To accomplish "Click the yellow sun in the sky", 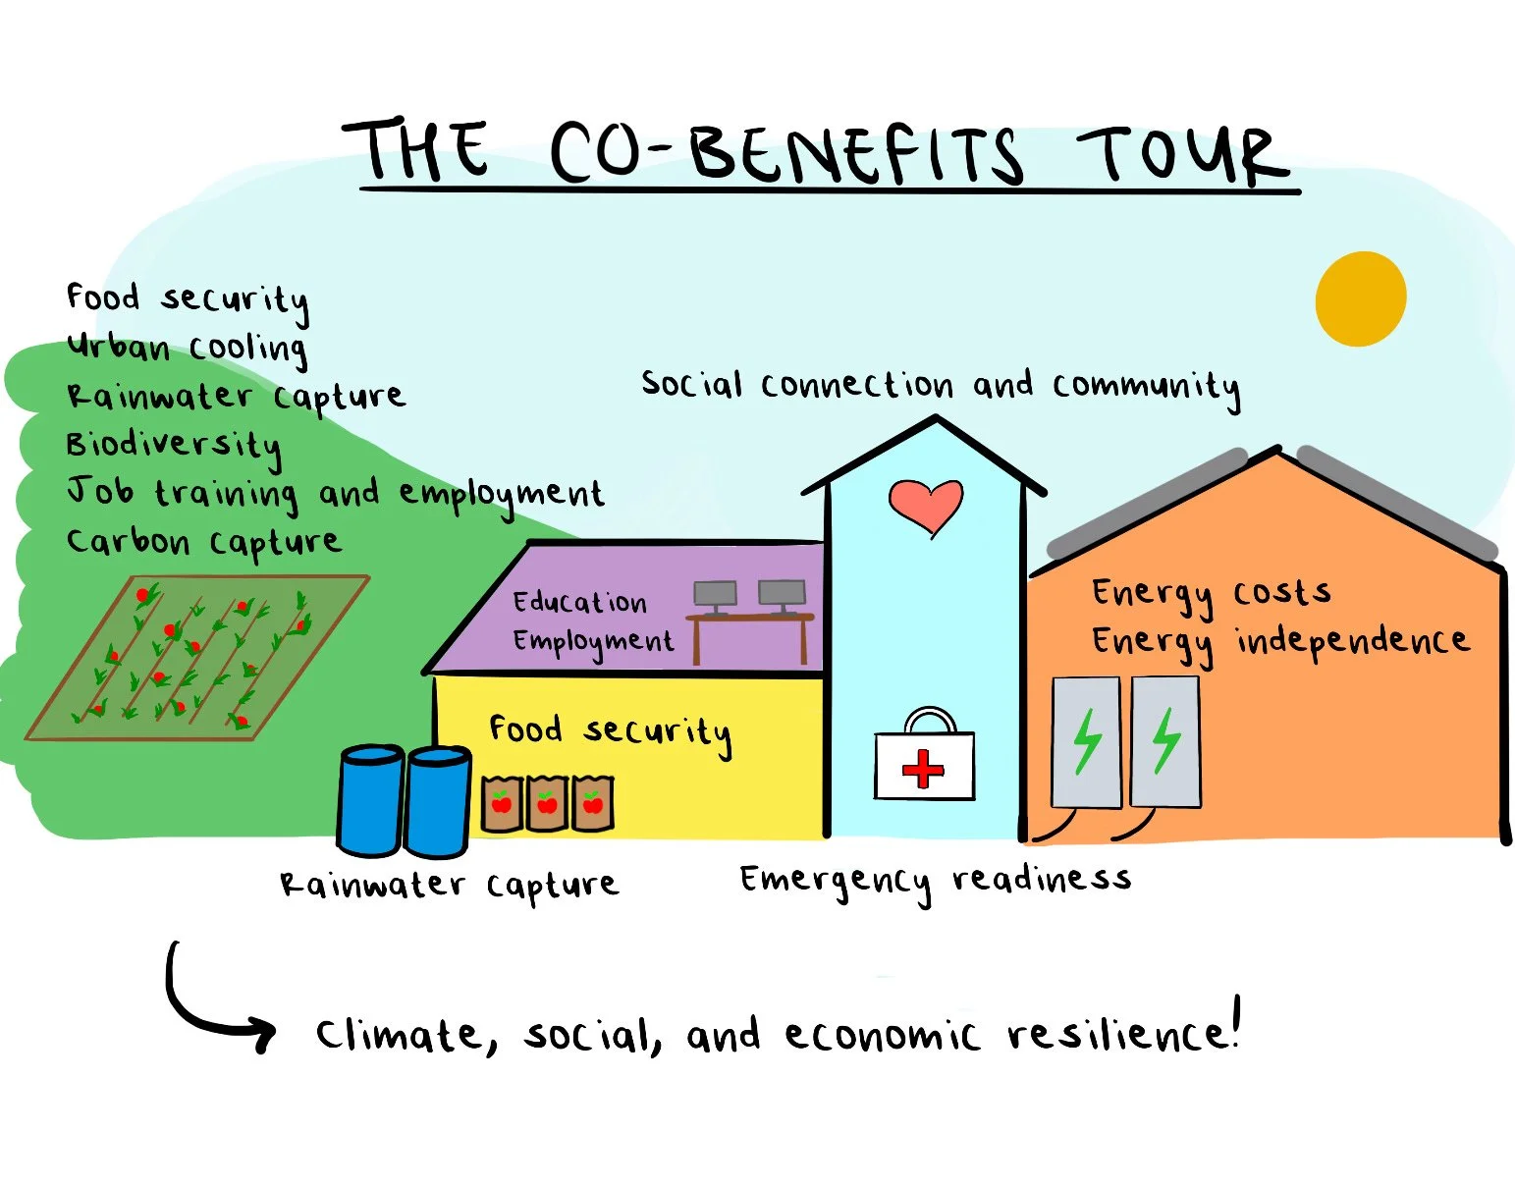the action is click(x=1360, y=298).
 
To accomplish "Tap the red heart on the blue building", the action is click(x=925, y=505).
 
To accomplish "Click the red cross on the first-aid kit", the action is click(x=923, y=769).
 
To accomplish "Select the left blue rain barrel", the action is click(x=369, y=800).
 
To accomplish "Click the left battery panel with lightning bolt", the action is click(x=1086, y=741).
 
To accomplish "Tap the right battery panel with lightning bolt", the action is click(x=1165, y=741).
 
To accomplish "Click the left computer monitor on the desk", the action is click(x=715, y=594).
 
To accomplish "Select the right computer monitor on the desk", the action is click(x=782, y=593).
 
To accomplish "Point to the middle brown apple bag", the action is click(x=547, y=803).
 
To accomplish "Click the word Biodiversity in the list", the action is click(x=174, y=445).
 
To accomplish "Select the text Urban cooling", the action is click(x=187, y=348).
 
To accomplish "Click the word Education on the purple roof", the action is click(x=579, y=601).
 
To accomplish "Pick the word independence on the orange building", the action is click(x=1352, y=640).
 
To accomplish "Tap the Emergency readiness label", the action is click(x=935, y=880).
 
